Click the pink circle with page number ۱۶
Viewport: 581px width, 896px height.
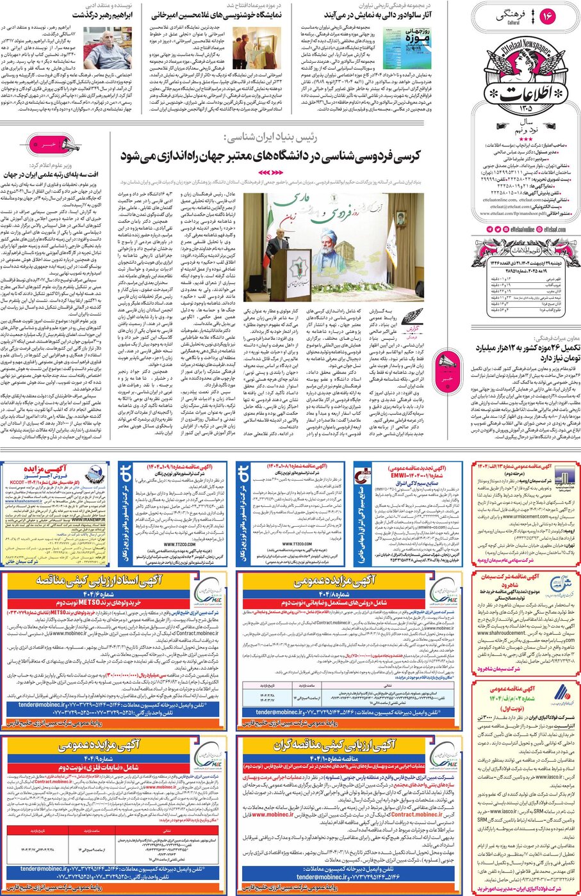coord(548,17)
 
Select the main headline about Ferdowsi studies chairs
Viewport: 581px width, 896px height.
coord(269,156)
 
